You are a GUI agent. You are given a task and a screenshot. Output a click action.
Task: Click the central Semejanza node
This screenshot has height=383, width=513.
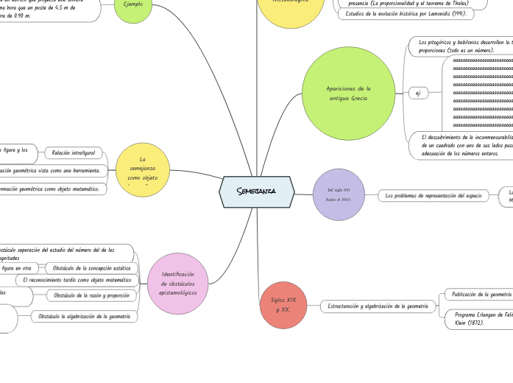coord(256,191)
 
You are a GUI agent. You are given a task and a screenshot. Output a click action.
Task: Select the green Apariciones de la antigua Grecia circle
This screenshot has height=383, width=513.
coord(348,94)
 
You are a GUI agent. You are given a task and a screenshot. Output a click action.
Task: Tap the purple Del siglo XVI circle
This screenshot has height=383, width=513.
coord(339,194)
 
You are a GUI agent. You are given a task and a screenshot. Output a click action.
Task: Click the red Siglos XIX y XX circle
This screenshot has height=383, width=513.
coord(283,305)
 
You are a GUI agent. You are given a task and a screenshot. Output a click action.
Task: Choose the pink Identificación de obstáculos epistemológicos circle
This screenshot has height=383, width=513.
coord(177,284)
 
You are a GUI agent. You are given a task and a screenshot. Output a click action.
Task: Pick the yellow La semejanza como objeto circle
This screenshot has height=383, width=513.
coord(143,169)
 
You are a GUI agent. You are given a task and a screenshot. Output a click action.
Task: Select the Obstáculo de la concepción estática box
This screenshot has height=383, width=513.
coord(91,268)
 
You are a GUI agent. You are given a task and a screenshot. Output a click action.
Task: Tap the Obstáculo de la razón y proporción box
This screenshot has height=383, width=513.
coord(92,295)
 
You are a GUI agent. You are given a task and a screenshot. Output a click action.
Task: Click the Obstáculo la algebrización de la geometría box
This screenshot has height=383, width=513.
coord(84,316)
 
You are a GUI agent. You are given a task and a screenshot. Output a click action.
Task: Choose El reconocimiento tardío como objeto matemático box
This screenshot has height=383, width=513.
coord(77,281)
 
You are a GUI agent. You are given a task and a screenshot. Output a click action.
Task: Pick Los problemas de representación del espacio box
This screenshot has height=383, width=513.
coord(433,196)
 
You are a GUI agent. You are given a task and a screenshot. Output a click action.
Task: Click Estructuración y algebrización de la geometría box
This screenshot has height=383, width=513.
coord(377,306)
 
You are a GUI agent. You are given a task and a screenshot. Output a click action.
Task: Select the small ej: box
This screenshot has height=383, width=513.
coord(417,93)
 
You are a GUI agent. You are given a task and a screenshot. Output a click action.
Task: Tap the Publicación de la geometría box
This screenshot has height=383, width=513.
coord(481,295)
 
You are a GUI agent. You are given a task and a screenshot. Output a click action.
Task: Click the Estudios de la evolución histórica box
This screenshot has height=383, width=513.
coord(406,13)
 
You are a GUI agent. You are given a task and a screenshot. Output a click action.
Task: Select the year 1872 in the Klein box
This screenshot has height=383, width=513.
coord(473,323)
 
